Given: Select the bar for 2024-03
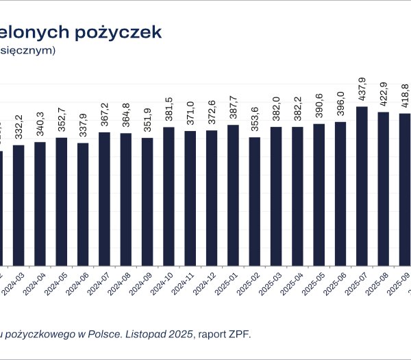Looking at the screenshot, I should (x=18, y=205).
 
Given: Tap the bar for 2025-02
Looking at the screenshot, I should (x=255, y=202).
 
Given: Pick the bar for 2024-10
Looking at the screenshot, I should (x=169, y=196).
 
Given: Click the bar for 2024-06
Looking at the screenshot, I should (x=83, y=204).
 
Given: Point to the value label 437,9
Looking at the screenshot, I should (x=362, y=91).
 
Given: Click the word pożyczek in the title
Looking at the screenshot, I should (x=121, y=32).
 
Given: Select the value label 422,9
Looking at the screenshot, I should (x=384, y=95).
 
